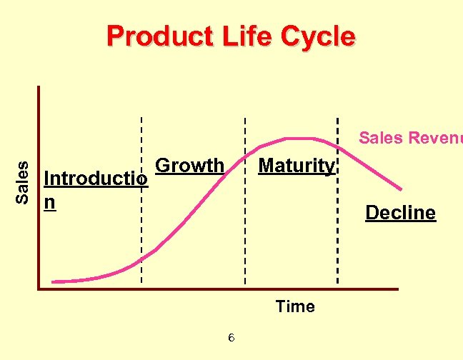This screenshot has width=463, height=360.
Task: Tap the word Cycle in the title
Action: click(318, 36)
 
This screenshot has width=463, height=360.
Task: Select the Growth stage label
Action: click(189, 166)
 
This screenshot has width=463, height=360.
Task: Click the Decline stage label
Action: click(400, 213)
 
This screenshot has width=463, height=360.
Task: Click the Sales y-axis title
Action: click(23, 181)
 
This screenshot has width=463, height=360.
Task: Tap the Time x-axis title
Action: click(295, 306)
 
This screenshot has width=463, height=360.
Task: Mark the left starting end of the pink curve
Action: click(54, 281)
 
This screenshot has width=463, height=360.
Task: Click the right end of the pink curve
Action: click(402, 190)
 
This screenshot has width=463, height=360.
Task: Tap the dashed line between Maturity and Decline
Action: click(337, 214)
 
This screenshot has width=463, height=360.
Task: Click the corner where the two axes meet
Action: click(39, 289)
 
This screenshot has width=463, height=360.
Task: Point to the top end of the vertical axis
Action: click(39, 88)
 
